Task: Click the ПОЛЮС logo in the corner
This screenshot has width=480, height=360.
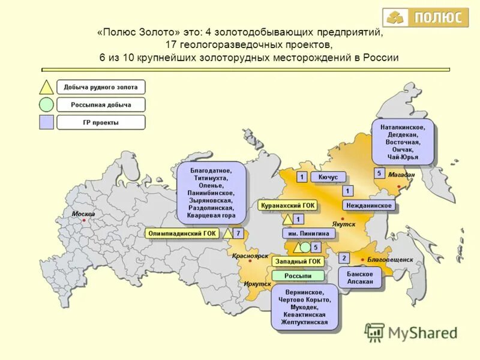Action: [x=425, y=17]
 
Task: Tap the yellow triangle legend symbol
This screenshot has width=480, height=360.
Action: [x=47, y=87]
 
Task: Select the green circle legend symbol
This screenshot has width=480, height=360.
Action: [x=47, y=105]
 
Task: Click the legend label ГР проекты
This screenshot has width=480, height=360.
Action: [x=101, y=123]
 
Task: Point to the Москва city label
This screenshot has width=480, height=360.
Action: [x=83, y=214]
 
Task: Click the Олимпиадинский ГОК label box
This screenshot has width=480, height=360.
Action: [x=182, y=233]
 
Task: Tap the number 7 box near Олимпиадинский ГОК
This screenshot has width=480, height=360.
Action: [x=238, y=233]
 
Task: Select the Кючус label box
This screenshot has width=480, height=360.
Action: [x=328, y=177]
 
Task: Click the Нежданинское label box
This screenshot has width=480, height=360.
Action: [x=369, y=205]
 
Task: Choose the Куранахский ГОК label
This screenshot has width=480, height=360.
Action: [x=287, y=205]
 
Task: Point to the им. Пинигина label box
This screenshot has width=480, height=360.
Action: [x=305, y=233]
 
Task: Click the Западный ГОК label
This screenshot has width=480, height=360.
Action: [x=298, y=262]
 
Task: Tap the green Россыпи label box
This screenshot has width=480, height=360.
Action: [x=298, y=275]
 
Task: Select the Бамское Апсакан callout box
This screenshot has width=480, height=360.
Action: [x=360, y=277]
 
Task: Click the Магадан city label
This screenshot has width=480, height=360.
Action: [x=401, y=175]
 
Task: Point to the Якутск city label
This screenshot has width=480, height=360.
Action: [x=344, y=223]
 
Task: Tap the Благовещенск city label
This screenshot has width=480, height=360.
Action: [x=391, y=259]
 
